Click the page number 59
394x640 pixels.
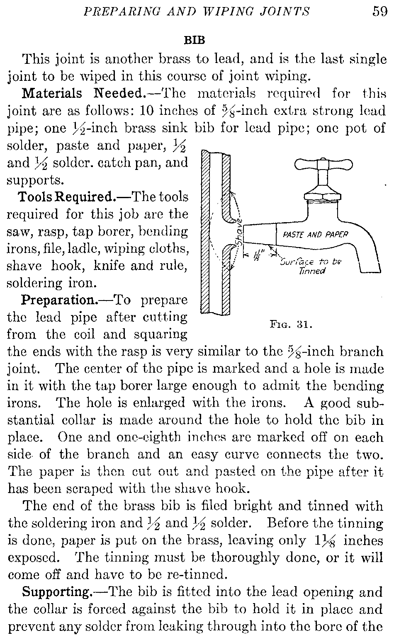tap(379, 11)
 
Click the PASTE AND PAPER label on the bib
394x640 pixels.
tap(315, 234)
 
